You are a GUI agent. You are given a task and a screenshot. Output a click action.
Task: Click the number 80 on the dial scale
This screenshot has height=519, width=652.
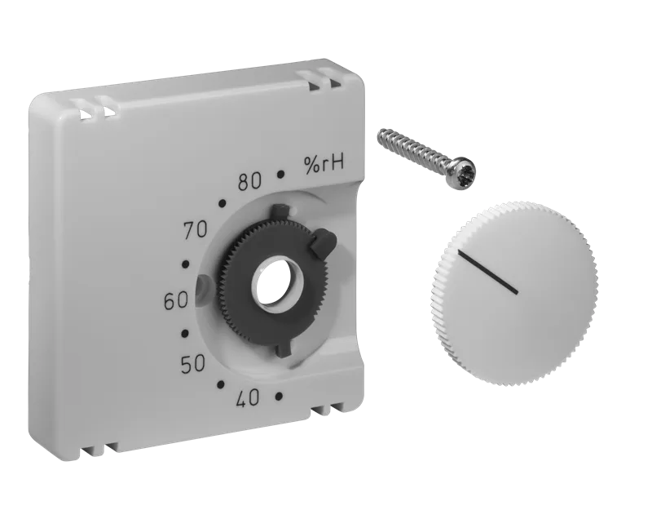250,182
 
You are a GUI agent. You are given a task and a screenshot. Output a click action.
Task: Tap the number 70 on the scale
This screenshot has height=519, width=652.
195,229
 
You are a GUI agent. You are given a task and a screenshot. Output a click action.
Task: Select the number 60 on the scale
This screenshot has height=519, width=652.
176,301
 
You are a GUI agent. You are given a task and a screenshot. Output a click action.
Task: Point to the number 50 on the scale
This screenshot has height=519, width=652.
193,365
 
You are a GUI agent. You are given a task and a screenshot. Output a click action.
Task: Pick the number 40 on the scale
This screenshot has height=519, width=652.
248,398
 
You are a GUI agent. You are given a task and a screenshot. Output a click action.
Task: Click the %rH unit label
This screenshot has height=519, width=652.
324,163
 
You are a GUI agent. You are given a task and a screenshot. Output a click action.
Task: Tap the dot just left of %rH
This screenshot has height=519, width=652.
281,175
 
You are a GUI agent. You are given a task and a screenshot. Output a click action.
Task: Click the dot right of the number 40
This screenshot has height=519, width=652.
279,396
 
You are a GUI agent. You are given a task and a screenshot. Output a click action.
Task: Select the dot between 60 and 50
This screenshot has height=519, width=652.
186,334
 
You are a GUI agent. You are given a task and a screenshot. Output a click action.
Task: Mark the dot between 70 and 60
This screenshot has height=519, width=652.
186,264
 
